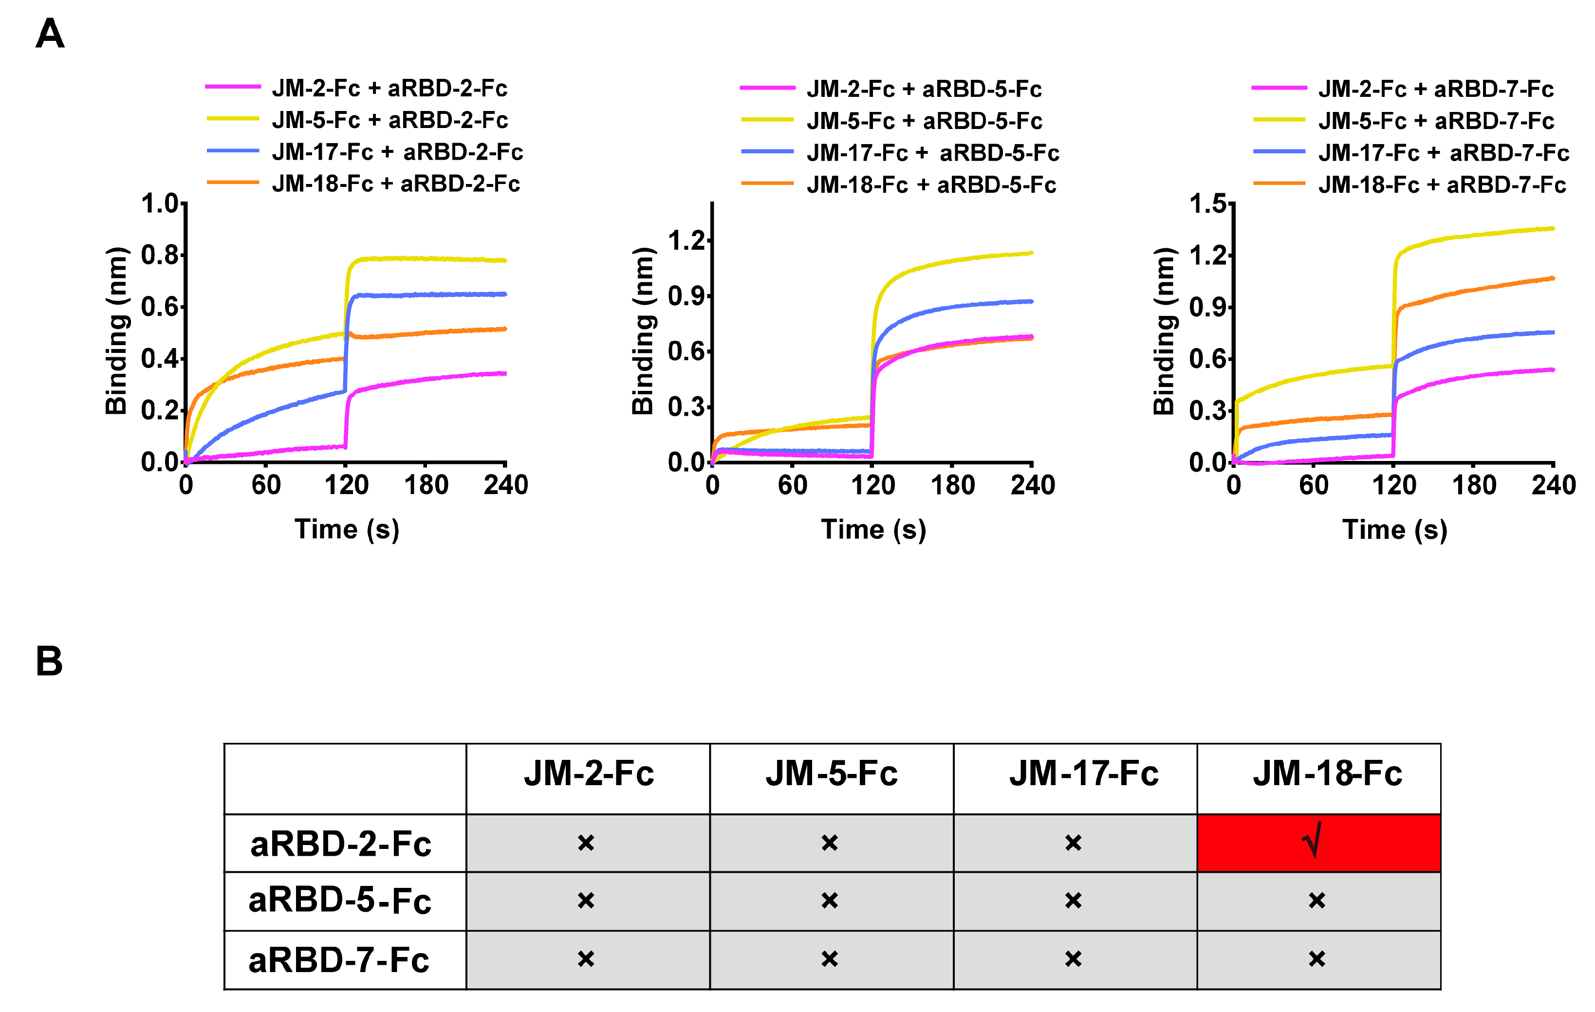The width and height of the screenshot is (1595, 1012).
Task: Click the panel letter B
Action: (x=49, y=662)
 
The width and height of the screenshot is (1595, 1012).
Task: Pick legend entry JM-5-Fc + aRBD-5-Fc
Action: (x=924, y=121)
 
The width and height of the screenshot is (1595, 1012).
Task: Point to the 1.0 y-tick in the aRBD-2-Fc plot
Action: (x=160, y=204)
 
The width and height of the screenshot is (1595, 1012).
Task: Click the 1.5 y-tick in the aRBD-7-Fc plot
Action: (x=1209, y=204)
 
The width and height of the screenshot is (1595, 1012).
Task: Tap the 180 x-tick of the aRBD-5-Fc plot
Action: (x=952, y=485)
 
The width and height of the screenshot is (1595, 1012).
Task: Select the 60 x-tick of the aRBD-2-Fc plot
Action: (x=266, y=485)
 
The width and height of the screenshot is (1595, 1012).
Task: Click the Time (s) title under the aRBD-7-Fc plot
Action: (x=1394, y=530)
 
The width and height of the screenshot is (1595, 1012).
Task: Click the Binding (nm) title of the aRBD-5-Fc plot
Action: (x=643, y=331)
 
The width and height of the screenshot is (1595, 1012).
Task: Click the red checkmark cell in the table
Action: (x=1318, y=843)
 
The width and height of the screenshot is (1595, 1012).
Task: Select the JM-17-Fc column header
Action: (x=1084, y=773)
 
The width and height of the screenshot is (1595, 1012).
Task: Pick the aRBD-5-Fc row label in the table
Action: (x=340, y=901)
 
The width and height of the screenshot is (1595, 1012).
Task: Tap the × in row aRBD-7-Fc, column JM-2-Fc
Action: (x=586, y=959)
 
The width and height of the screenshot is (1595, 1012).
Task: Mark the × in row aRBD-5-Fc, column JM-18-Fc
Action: (x=1317, y=901)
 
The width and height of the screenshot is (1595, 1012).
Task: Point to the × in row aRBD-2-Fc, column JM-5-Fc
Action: (x=829, y=843)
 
